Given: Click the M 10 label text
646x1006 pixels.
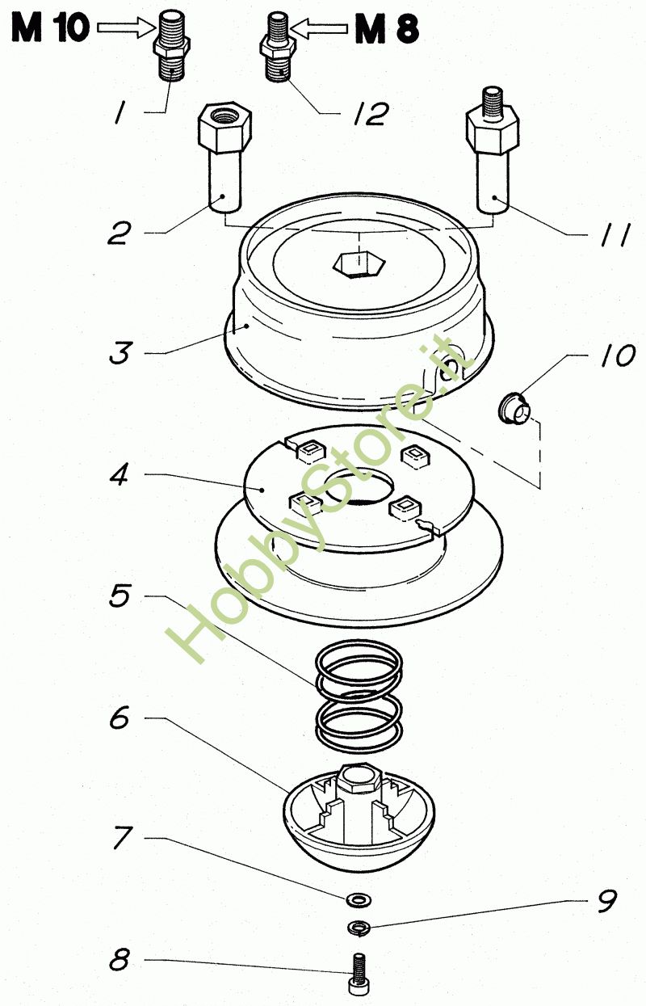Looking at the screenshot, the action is [x=49, y=30].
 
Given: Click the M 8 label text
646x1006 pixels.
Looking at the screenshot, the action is [x=387, y=30].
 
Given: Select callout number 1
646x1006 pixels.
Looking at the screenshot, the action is [x=120, y=114].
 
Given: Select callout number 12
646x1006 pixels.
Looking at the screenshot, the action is [x=368, y=114].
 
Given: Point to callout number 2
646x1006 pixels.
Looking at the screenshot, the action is [x=119, y=234].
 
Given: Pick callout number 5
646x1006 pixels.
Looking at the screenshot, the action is [x=119, y=598].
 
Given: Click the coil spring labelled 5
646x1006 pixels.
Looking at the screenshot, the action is [x=359, y=699].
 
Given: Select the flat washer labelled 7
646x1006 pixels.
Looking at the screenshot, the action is [x=354, y=899].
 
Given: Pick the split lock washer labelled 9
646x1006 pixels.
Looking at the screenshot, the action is [x=357, y=926].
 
